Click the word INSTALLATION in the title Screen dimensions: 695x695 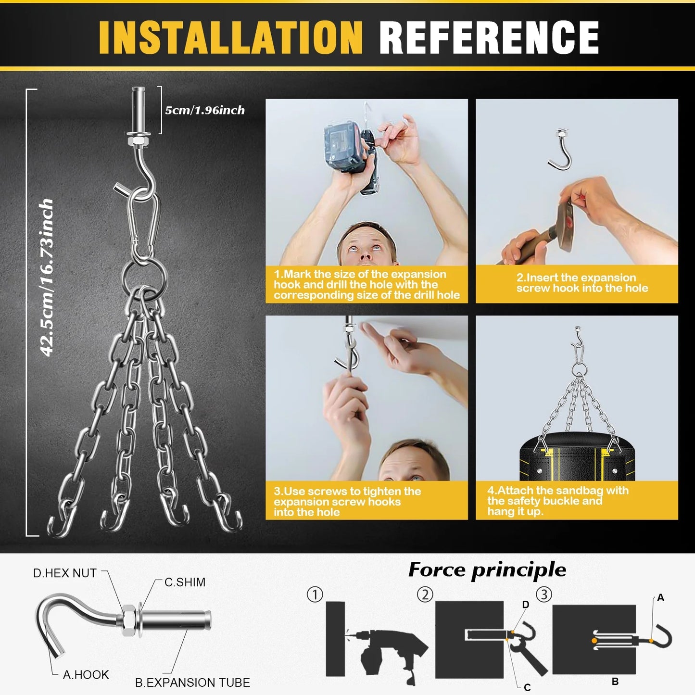(230, 37)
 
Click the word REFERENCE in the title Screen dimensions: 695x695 (489, 37)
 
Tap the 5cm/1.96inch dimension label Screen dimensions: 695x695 (205, 110)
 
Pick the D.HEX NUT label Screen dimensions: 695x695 (65, 573)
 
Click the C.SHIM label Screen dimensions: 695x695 (185, 582)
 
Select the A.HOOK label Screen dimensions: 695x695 (86, 674)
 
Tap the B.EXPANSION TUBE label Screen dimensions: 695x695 (192, 682)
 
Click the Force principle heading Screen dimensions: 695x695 (487, 570)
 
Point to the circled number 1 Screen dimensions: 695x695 (315, 594)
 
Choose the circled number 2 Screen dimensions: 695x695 (425, 594)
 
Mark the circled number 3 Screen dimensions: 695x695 (544, 594)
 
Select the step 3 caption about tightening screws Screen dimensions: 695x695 (347, 502)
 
